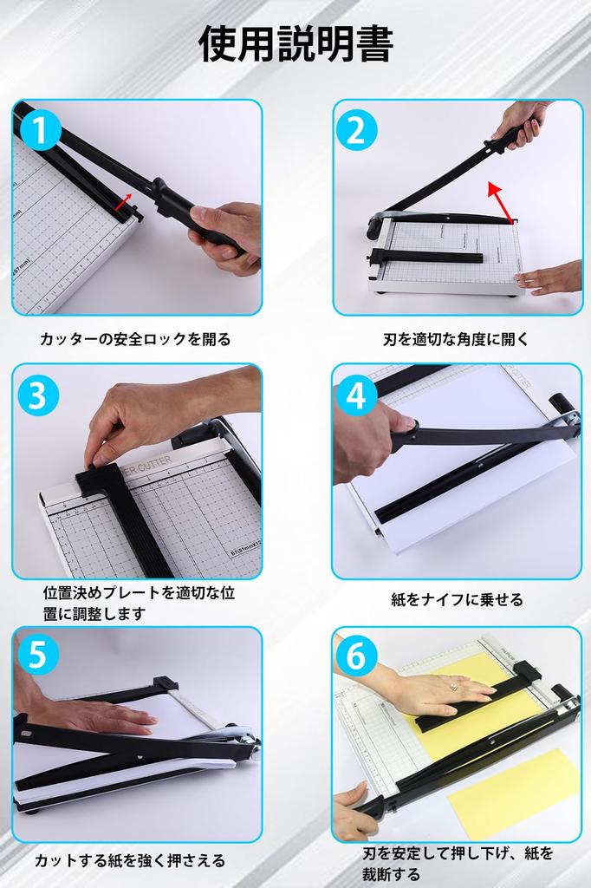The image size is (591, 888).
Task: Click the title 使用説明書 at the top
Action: (x=295, y=44)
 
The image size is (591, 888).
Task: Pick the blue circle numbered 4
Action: (x=356, y=395)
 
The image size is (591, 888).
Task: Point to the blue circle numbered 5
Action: (x=37, y=656)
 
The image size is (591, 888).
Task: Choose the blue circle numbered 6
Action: (x=356, y=656)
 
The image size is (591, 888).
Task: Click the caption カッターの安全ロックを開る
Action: (x=135, y=339)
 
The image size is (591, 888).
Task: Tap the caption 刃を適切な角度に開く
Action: (x=456, y=339)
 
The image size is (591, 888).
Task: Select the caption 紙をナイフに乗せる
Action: (x=457, y=599)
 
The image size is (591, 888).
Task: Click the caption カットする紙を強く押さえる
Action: (x=130, y=860)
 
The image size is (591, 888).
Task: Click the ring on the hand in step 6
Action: (x=452, y=687)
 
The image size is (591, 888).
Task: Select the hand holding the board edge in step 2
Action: (x=550, y=277)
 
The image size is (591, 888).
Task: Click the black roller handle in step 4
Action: (x=561, y=405)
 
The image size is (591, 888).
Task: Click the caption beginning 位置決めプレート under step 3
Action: (x=139, y=604)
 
